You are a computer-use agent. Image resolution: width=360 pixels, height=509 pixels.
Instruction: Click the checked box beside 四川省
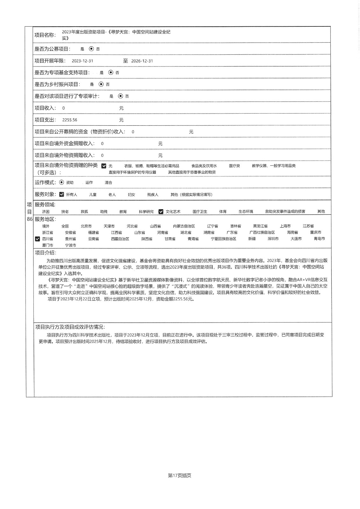(x=38, y=239)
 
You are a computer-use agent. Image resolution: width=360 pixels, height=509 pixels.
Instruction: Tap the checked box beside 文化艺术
(x=161, y=212)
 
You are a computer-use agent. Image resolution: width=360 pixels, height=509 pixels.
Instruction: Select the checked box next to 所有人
(x=62, y=194)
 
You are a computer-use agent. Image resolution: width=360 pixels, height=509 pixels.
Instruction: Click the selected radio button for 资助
(x=61, y=182)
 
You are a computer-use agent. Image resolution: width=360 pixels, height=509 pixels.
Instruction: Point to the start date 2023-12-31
(x=82, y=61)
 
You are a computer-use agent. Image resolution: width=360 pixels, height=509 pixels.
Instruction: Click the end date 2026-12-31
(x=142, y=61)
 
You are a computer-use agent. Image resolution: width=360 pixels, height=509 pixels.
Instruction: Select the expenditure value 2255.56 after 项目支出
(x=70, y=120)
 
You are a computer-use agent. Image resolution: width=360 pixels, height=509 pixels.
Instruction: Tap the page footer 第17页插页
(x=180, y=476)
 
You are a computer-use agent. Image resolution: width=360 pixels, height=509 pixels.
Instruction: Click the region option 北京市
(x=86, y=226)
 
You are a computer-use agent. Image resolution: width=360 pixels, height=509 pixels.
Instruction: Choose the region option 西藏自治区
(x=120, y=239)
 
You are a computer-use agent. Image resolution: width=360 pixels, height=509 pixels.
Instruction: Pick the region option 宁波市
(x=71, y=245)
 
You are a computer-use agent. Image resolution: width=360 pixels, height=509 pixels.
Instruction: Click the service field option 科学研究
(x=146, y=212)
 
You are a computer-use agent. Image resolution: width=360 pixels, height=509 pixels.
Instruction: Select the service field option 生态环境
(x=246, y=212)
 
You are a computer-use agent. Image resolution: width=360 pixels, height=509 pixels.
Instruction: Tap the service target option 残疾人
(x=152, y=195)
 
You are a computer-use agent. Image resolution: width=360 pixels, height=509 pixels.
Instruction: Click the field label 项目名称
(x=45, y=35)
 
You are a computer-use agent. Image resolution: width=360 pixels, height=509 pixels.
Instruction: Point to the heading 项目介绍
(x=46, y=253)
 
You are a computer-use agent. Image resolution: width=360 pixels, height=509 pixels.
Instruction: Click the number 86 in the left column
(x=30, y=219)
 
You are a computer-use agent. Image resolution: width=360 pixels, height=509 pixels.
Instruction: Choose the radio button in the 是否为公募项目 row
(x=91, y=49)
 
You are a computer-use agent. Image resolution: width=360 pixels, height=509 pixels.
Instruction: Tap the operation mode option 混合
(x=109, y=183)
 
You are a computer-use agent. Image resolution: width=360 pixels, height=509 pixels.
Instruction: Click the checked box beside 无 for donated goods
(x=104, y=166)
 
